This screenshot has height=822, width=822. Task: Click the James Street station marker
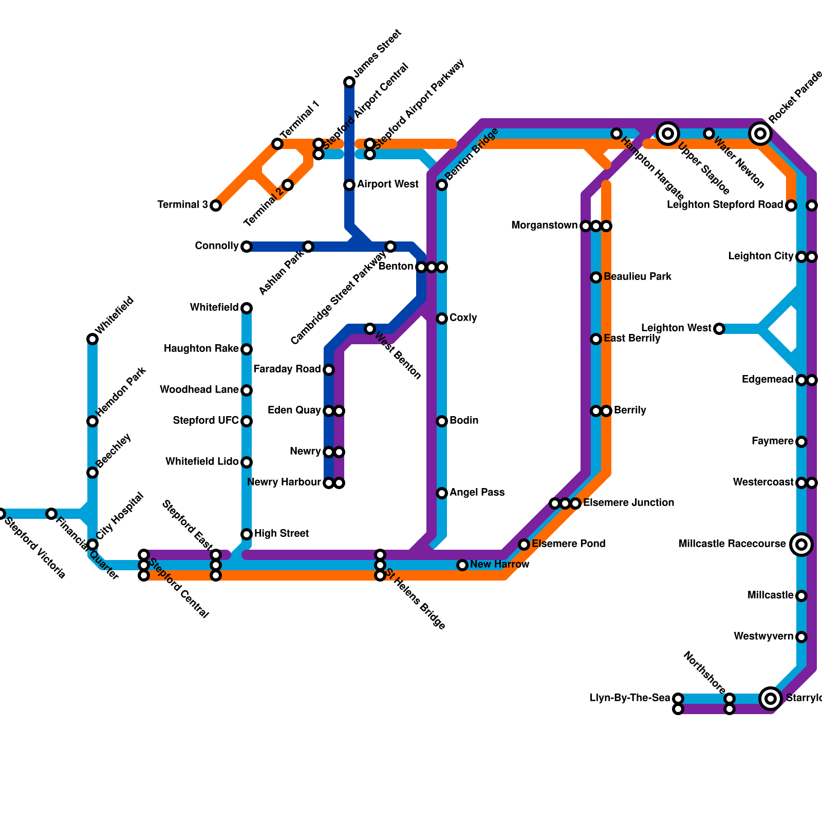point(349,82)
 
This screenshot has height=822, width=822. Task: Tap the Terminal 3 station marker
point(216,206)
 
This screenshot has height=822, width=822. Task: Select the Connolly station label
point(217,246)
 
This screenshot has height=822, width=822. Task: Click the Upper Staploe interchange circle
point(668,134)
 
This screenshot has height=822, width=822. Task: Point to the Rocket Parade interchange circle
point(760,134)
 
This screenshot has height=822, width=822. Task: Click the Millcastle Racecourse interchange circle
point(801,545)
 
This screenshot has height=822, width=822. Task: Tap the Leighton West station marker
point(719,329)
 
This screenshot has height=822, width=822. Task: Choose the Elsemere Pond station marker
point(524,545)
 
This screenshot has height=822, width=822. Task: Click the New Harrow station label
point(499,565)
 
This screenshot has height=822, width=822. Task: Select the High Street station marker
point(247,534)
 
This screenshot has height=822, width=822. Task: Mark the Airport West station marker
point(349,185)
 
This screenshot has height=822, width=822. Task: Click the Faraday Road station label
point(287,369)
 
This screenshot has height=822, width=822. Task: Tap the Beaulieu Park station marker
point(596,277)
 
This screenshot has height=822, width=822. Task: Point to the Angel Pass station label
point(477,493)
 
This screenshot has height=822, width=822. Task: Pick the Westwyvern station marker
point(801,637)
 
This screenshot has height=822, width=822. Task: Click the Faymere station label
point(772,441)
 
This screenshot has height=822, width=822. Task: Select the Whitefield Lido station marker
point(247,462)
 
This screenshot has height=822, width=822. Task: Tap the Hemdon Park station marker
point(92,421)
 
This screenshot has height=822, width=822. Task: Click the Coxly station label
point(463,318)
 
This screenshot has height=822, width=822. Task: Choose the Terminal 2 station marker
point(288,185)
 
